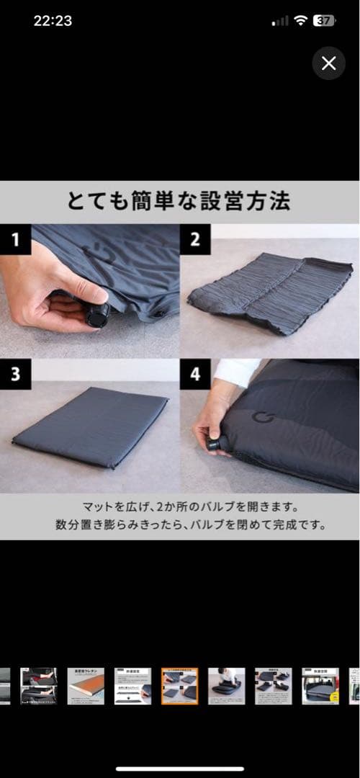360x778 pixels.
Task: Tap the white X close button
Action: pyautogui.click(x=329, y=63)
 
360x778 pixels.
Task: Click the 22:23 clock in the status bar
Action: pyautogui.click(x=53, y=21)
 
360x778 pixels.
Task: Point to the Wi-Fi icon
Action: pyautogui.click(x=300, y=21)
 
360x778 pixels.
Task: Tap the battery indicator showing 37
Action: pyautogui.click(x=325, y=21)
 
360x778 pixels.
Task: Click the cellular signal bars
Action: pyautogui.click(x=279, y=22)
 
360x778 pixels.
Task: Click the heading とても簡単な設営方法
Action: pyautogui.click(x=179, y=201)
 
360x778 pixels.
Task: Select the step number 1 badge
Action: pyautogui.click(x=15, y=240)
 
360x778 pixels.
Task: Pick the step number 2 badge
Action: pyautogui.click(x=195, y=240)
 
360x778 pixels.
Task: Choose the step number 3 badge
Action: pyautogui.click(x=15, y=374)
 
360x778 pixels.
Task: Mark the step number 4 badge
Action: pyautogui.click(x=195, y=374)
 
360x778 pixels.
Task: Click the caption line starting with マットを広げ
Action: pyautogui.click(x=179, y=507)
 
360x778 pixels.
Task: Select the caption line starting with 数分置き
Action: pyautogui.click(x=179, y=525)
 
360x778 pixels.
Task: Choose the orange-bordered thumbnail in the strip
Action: pyautogui.click(x=179, y=686)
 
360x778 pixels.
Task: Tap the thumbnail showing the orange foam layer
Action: pyautogui.click(x=86, y=686)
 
